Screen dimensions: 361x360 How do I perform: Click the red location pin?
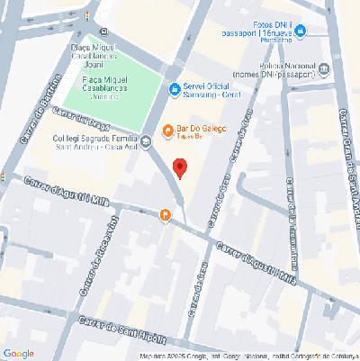tap(179, 167)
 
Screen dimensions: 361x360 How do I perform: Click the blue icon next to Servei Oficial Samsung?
tap(175, 88)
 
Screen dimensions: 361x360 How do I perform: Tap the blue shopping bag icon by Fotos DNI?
tap(301, 32)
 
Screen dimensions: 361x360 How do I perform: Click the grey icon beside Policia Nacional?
tap(323, 69)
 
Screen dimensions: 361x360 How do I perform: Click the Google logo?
tap(19, 353)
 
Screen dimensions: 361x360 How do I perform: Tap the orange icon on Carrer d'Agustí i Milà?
tap(165, 216)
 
